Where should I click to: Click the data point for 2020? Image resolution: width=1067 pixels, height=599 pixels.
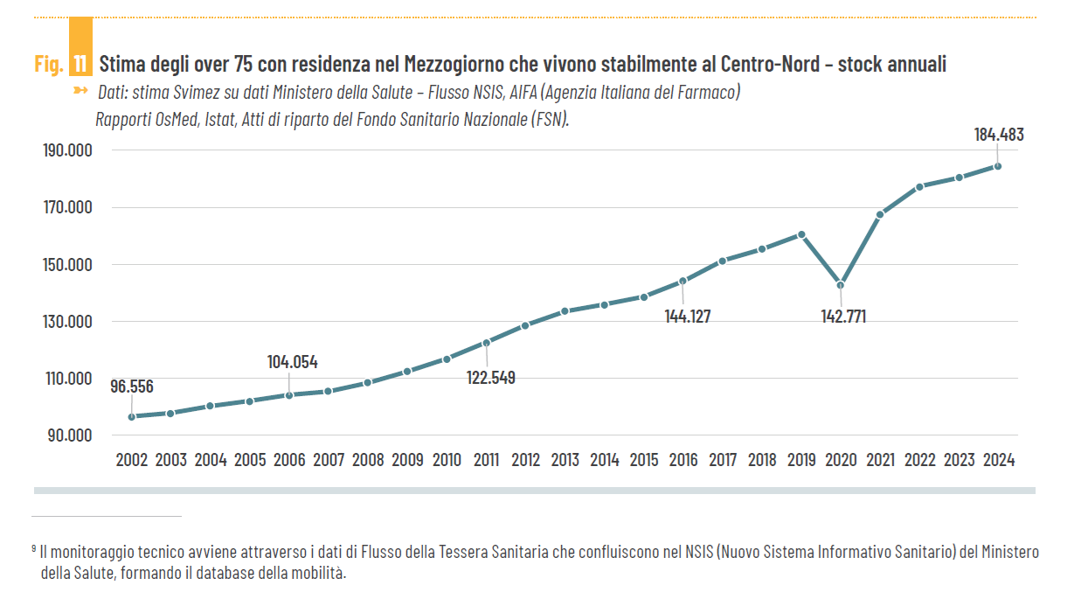841,285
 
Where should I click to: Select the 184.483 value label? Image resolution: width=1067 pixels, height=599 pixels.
998,135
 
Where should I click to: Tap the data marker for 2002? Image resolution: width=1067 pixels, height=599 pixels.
131,416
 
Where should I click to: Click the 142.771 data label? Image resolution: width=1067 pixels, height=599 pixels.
843,317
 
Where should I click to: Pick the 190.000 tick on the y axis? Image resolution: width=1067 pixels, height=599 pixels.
68,150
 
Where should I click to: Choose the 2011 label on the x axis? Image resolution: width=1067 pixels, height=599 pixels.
486,460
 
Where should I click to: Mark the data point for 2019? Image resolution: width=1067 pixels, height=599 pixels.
801,234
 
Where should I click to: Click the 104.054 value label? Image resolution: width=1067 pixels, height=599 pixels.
292,362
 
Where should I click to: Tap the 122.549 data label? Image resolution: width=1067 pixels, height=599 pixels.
489,378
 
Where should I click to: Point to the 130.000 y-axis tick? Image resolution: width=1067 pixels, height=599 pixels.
68,322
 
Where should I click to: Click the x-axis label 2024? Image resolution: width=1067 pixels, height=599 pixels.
998,460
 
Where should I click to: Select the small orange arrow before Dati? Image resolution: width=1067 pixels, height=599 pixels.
81,91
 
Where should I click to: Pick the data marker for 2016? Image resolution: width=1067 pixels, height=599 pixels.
683,281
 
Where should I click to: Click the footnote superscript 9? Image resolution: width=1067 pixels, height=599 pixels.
33,548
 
